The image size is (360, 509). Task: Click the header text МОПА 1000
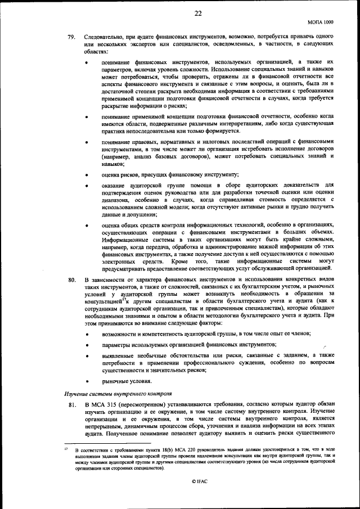pyautogui.click(x=321, y=22)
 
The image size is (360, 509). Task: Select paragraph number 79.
pyautogui.click(x=71, y=37)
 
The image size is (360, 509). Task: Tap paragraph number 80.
pyautogui.click(x=71, y=280)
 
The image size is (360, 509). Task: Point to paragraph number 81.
pyautogui.click(x=71, y=404)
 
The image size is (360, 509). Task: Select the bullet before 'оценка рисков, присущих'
pyautogui.click(x=86, y=175)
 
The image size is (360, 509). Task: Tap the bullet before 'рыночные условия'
pyautogui.click(x=86, y=381)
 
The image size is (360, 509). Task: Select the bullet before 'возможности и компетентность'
pyautogui.click(x=86, y=334)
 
